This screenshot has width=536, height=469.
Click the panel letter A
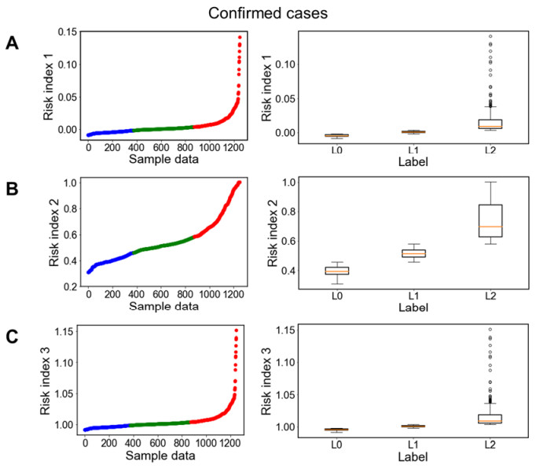pos(13,43)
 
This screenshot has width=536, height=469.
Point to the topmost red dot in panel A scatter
pos(240,37)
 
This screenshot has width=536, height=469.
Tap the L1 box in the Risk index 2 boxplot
pos(413,253)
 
